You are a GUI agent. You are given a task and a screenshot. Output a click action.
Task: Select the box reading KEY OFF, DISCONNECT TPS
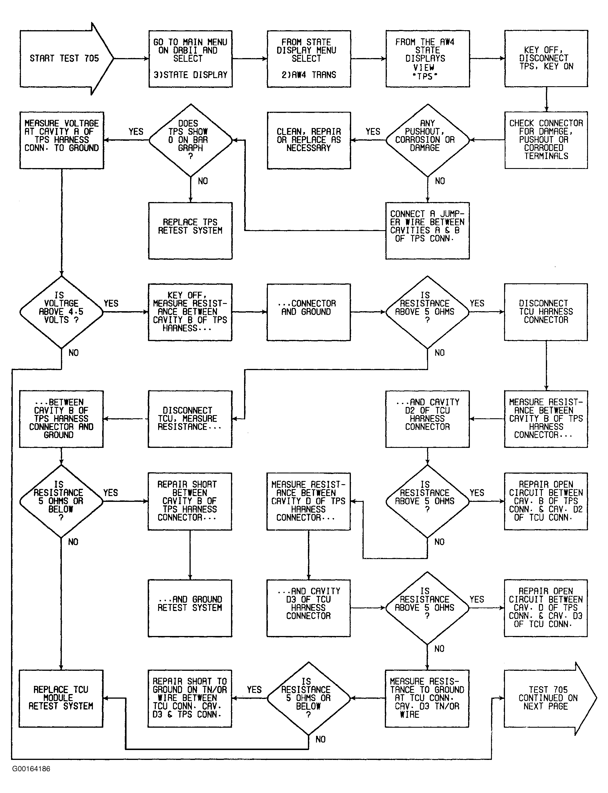pyautogui.click(x=546, y=59)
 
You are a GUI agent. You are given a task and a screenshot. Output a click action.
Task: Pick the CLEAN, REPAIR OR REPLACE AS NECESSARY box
pyautogui.click(x=309, y=140)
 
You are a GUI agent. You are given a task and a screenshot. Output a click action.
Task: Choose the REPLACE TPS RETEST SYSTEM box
pyautogui.click(x=190, y=230)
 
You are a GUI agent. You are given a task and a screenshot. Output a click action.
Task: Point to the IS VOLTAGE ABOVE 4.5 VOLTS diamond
pyautogui.click(x=62, y=312)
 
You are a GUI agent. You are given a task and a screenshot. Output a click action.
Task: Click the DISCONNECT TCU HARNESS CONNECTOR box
pyautogui.click(x=546, y=312)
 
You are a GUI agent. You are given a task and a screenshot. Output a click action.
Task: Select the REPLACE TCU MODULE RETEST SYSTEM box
pyautogui.click(x=61, y=698)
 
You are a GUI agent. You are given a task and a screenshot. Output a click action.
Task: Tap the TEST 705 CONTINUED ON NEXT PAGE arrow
pyautogui.click(x=550, y=698)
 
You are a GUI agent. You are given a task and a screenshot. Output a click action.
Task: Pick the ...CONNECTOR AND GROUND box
pyautogui.click(x=309, y=312)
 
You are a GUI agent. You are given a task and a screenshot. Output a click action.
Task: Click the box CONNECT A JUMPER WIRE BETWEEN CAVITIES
pyautogui.click(x=427, y=230)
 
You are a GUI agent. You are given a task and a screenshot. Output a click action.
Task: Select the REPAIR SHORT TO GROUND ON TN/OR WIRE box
pyautogui.click(x=190, y=698)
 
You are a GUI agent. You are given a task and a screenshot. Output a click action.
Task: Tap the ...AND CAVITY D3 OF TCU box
pyautogui.click(x=309, y=608)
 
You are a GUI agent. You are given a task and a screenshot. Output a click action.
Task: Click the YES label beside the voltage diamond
pyautogui.click(x=111, y=304)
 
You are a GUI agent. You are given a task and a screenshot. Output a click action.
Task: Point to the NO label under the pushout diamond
pyautogui.click(x=440, y=181)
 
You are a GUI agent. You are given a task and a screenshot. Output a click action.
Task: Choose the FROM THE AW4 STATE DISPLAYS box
pyautogui.click(x=427, y=59)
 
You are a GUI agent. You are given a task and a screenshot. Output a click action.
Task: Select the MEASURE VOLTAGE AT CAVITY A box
pyautogui.click(x=62, y=140)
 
